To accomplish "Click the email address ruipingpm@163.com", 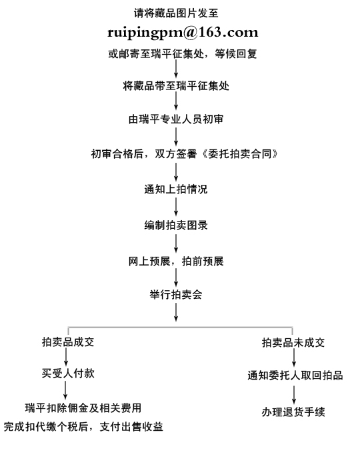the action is (x=183, y=33).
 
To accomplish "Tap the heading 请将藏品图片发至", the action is (x=176, y=13).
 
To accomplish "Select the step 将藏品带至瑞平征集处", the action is (x=176, y=85).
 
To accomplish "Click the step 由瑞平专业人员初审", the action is (x=176, y=119).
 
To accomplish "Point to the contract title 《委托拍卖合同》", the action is (x=239, y=154).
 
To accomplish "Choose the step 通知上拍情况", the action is (x=176, y=189).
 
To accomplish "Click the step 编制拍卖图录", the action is (x=176, y=226).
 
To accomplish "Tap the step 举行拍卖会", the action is (x=176, y=295).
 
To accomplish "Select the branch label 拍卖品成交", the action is (x=68, y=342).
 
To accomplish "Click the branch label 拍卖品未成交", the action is (x=293, y=342).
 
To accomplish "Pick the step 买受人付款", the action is (x=68, y=373).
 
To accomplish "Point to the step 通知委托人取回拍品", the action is (x=295, y=376).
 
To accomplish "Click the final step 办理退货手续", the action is (x=293, y=412).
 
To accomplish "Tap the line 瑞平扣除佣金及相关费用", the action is (x=83, y=408).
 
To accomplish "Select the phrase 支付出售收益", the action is (x=131, y=427).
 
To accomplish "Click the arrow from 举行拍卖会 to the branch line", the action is (x=176, y=312).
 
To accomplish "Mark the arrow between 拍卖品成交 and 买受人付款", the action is (x=66, y=357).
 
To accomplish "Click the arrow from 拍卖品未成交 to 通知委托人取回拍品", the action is (x=294, y=358).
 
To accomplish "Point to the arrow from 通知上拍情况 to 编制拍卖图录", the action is (x=176, y=207).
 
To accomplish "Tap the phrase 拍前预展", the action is (x=203, y=261).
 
